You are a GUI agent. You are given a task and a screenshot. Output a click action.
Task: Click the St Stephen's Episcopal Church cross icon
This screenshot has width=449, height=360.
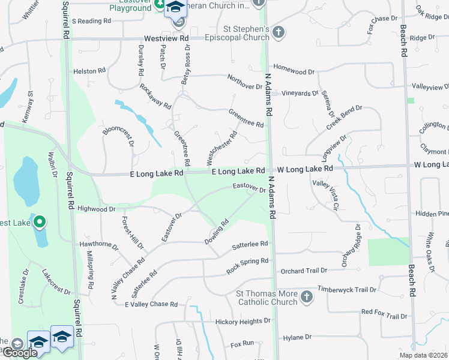pyautogui.click(x=278, y=31)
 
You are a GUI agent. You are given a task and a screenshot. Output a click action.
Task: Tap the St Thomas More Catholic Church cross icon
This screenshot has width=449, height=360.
pyautogui.click(x=306, y=297)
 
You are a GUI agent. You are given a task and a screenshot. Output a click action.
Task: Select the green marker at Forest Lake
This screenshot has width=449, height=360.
pyautogui.click(x=40, y=223)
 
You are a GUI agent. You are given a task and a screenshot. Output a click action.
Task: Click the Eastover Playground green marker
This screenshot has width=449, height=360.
pyautogui.click(x=160, y=5)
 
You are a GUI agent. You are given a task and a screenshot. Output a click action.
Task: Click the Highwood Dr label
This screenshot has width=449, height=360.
pyautogui.click(x=96, y=209)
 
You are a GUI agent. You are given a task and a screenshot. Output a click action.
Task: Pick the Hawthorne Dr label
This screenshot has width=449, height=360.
pyautogui.click(x=99, y=245)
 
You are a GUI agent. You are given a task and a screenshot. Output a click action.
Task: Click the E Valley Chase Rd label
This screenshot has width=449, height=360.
pyautogui.click(x=151, y=304)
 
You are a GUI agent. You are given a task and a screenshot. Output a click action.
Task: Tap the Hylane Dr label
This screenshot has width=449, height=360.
pyautogui.click(x=297, y=337)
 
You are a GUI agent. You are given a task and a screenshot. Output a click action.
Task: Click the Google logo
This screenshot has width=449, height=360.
pyautogui.click(x=19, y=353)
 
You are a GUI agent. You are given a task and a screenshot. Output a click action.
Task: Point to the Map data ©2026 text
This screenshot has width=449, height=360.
pyautogui.click(x=423, y=355)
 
